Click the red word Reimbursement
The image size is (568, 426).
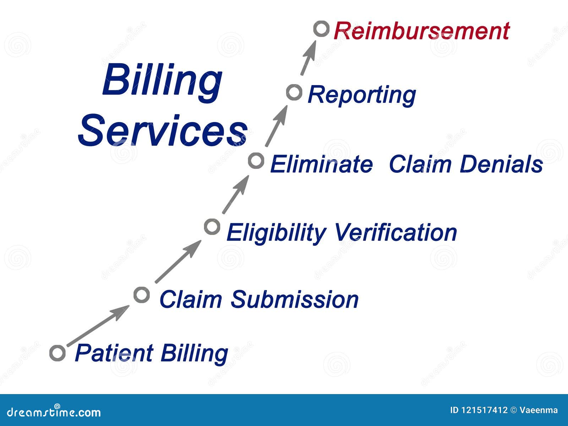click(421, 31)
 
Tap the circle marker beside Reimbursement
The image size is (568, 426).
click(321, 29)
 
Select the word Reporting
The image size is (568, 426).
click(361, 95)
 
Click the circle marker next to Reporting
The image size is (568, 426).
click(294, 93)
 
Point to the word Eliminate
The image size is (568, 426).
click(321, 164)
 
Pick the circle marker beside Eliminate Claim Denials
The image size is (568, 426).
click(256, 161)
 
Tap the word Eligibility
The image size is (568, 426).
click(275, 233)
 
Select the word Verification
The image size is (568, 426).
click(395, 233)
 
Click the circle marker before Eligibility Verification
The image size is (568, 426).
click(212, 226)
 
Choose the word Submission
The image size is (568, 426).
click(294, 299)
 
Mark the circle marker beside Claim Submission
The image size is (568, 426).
click(141, 295)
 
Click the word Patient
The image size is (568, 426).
click(114, 353)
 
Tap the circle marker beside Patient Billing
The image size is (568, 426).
click(58, 353)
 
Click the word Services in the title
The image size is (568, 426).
click(162, 131)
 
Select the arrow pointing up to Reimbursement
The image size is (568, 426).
click(308, 58)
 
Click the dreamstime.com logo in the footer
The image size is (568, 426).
click(54, 412)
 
